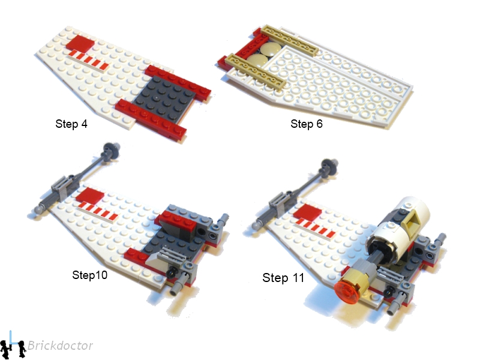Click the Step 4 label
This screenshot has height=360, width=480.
coord(71,124)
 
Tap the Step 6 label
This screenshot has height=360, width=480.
coord(307,124)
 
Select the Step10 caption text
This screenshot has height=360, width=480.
coord(89,275)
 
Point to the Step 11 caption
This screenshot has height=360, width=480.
coord(283,278)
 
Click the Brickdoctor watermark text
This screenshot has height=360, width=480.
coord(60,346)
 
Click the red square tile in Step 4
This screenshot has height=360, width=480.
coord(80,43)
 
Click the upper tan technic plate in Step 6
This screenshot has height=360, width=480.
coord(289,40)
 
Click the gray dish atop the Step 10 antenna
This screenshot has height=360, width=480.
coord(112,149)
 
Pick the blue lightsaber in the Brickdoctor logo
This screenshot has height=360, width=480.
coord(11,338)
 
